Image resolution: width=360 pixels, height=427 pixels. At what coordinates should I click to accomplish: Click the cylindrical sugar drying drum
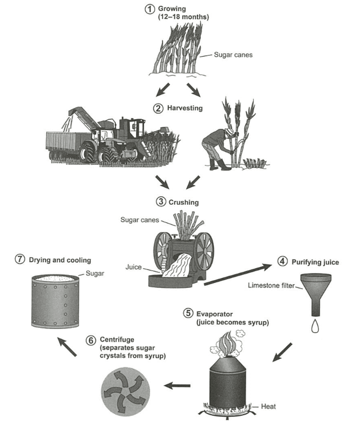[55, 302]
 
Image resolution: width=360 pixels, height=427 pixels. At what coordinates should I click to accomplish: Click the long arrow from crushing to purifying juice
[239, 272]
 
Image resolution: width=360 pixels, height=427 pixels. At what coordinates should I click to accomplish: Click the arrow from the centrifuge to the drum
[68, 347]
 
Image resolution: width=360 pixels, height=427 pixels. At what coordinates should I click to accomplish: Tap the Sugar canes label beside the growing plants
[233, 55]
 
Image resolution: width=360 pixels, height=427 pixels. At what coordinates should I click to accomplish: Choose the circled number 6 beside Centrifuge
[91, 340]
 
